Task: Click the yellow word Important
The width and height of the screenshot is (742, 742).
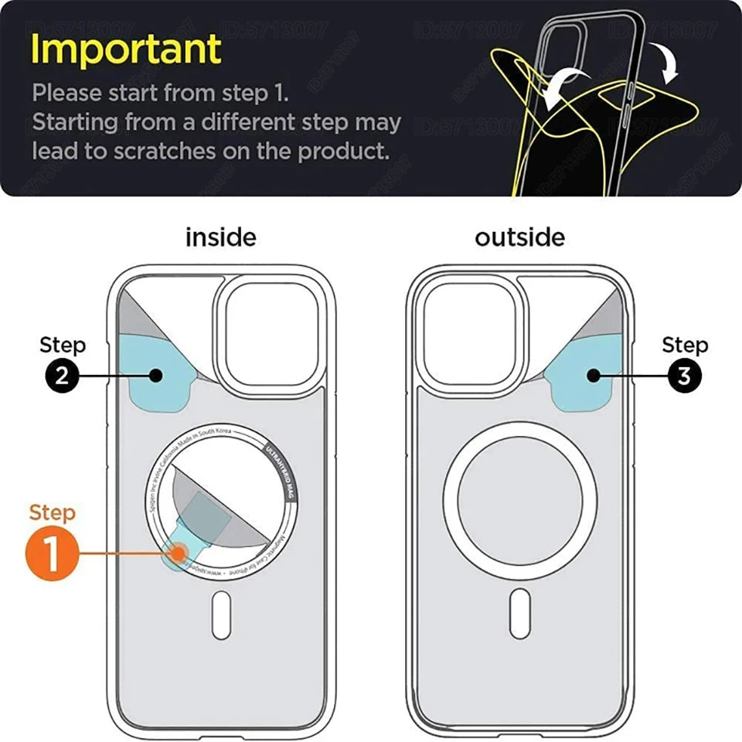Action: pos(126,49)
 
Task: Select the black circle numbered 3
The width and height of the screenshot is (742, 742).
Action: pos(684,376)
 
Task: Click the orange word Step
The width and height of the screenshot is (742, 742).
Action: pos(53,513)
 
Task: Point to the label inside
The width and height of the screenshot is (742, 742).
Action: pos(220,237)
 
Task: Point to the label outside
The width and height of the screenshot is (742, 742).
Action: pos(520,237)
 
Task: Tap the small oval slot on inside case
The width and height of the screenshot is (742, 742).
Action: pos(221,614)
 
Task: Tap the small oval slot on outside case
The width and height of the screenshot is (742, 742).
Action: pos(520,614)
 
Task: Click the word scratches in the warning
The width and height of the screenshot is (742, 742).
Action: pos(164,151)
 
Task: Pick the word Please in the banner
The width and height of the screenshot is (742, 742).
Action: pos(66,94)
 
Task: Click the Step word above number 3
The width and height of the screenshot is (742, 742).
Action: pos(685,345)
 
